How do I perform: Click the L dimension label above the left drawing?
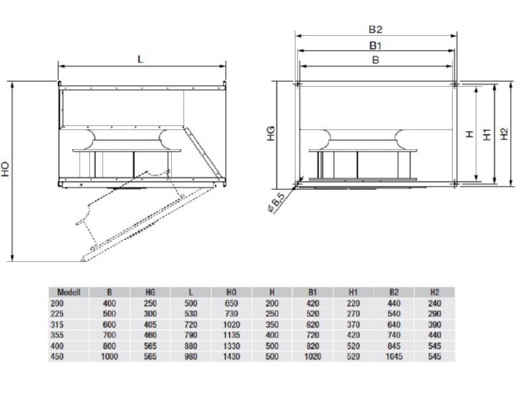pos(140,60)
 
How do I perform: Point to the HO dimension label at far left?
pos(6,169)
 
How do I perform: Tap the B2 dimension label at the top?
pos(375,29)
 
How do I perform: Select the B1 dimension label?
pos(375,45)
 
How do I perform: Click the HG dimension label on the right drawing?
pos(271,133)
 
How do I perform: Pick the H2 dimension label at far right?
pos(504,134)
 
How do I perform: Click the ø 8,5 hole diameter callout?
pos(276,202)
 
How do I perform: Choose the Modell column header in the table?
pos(69,292)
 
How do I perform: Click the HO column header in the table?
pos(231,292)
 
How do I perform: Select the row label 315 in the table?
pos(56,324)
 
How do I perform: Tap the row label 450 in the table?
pos(56,357)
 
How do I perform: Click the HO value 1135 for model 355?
pos(231,335)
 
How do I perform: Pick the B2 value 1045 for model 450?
pos(394,357)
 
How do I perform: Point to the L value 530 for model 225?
pos(191,314)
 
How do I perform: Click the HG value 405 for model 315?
pos(150,324)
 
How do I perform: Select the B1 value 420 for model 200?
pos(313,303)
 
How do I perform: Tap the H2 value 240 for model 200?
pos(435,303)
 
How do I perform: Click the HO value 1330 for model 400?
pos(231,346)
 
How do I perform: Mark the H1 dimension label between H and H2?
pos(487,134)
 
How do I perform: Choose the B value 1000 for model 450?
pos(109,357)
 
